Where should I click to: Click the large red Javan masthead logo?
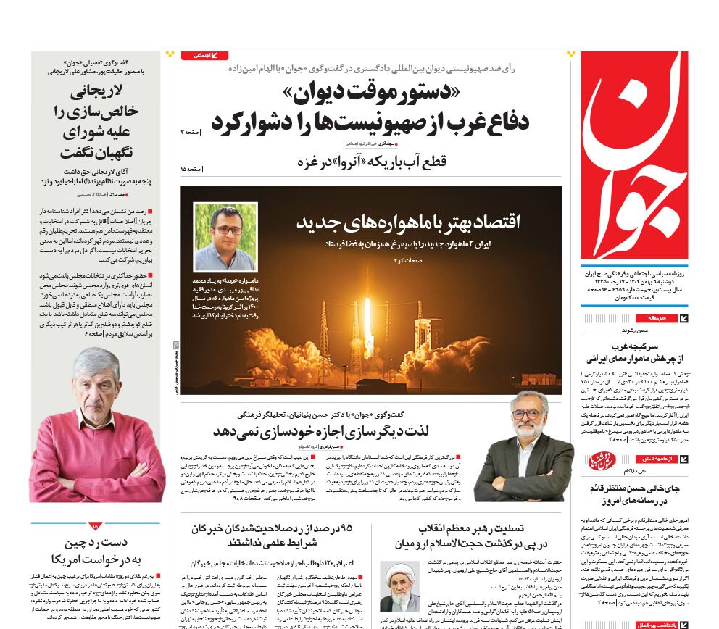634,156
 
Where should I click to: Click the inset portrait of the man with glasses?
225,237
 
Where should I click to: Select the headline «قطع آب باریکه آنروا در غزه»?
373,161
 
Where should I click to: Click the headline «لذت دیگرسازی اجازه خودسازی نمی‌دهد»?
322,430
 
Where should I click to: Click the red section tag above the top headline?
204,56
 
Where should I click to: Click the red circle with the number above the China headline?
96,526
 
